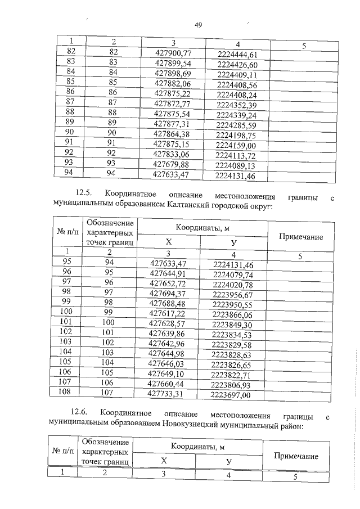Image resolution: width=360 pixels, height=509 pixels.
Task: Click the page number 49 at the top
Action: [x=198, y=25]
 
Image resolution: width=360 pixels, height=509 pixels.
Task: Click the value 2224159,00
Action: [x=236, y=145]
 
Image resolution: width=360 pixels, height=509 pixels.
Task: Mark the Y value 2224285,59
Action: [x=236, y=125]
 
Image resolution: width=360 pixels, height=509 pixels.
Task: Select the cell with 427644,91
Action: [x=169, y=274]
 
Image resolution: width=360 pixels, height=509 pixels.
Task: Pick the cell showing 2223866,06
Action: [x=232, y=315]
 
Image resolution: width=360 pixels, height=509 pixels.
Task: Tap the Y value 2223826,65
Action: [x=232, y=365]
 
